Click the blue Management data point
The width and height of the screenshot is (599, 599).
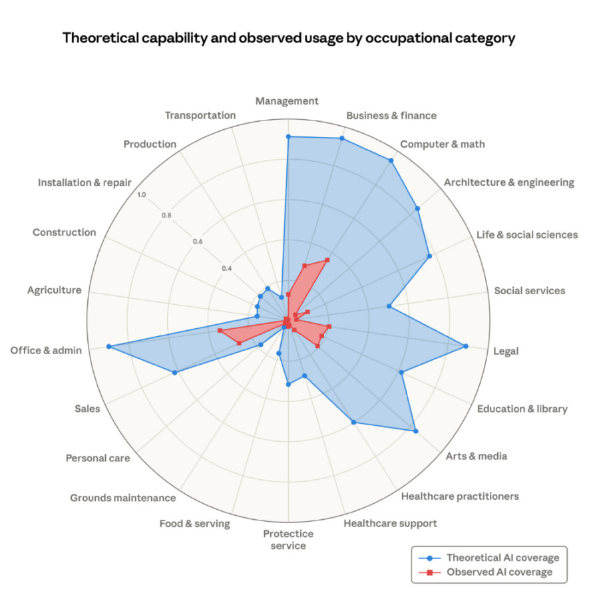(x=288, y=136)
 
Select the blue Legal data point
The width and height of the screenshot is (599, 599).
(x=465, y=346)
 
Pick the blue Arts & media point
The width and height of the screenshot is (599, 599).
(x=415, y=431)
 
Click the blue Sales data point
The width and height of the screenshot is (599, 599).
(x=175, y=373)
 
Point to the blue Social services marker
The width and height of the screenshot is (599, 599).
(x=389, y=306)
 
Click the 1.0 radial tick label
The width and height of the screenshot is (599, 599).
(x=141, y=195)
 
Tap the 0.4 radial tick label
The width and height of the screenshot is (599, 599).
(x=227, y=269)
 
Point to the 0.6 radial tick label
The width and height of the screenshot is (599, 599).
(x=198, y=242)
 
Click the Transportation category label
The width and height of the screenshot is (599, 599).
(x=200, y=115)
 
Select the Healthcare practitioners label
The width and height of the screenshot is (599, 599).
(x=460, y=496)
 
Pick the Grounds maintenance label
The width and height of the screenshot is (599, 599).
(x=123, y=498)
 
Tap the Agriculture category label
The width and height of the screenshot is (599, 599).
(x=55, y=290)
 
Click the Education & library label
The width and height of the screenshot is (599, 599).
(x=522, y=409)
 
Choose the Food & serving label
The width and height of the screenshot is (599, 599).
(x=194, y=524)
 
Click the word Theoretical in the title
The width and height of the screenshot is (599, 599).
(x=100, y=38)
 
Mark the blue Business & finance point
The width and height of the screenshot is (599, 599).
(x=341, y=138)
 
